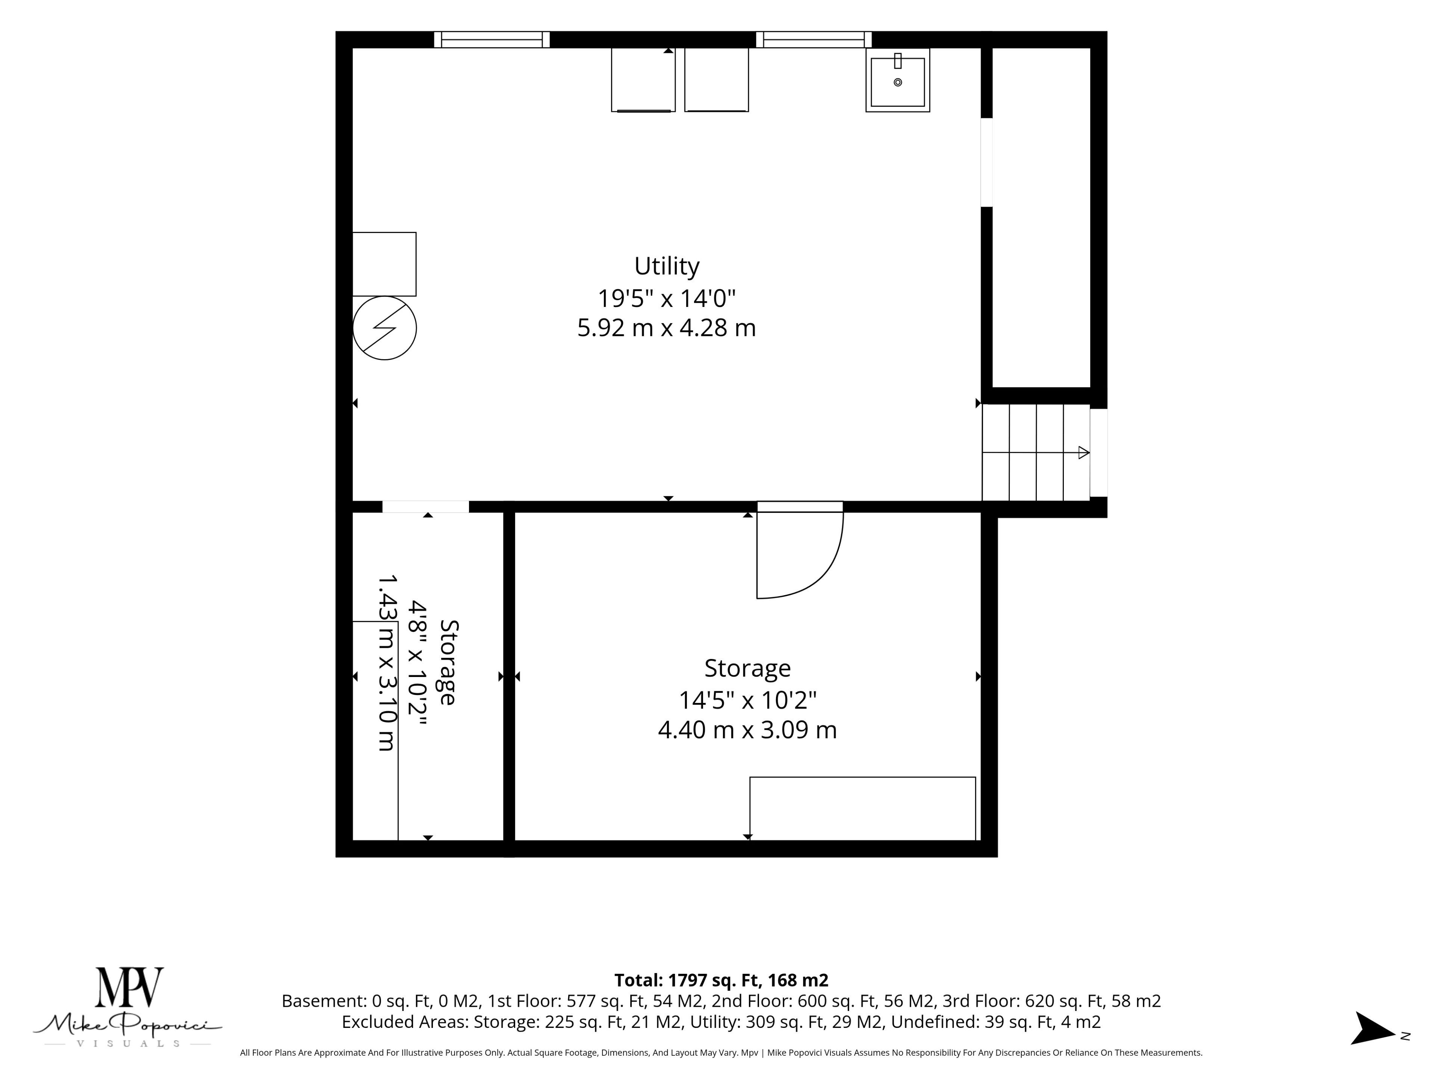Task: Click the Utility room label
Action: [x=667, y=266]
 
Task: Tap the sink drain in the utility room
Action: [x=898, y=82]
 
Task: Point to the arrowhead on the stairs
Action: [x=1083, y=452]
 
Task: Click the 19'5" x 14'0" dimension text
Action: [x=667, y=299]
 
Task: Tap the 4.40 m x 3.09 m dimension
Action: [x=747, y=729]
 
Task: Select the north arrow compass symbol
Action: [x=1373, y=1029]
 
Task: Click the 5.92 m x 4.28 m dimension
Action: [x=667, y=327]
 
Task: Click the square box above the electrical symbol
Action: [x=384, y=264]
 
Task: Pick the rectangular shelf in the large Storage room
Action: [x=862, y=809]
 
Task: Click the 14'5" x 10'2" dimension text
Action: [x=747, y=700]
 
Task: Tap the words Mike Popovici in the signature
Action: [x=127, y=1023]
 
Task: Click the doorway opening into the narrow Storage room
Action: [x=425, y=507]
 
